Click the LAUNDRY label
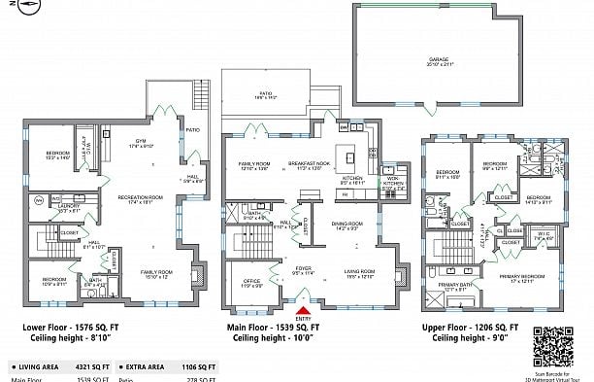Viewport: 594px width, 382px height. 68,206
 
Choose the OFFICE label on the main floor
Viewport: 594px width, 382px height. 252,282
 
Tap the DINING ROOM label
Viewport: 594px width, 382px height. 346,226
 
